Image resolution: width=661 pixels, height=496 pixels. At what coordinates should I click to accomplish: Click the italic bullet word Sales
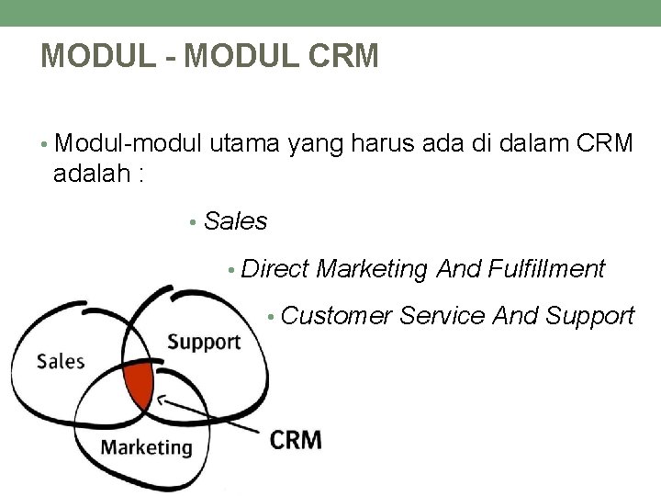pyautogui.click(x=236, y=221)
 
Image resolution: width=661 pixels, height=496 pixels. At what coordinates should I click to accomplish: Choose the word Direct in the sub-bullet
pyautogui.click(x=276, y=269)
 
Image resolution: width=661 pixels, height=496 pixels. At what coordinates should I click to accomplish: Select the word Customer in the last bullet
pyautogui.click(x=337, y=317)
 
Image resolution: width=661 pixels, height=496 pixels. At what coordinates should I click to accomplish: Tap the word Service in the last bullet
pyautogui.click(x=443, y=317)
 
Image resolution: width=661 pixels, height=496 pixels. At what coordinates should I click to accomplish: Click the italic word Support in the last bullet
pyautogui.click(x=589, y=317)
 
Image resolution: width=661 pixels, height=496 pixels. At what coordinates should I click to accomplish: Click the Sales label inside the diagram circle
pyautogui.click(x=61, y=360)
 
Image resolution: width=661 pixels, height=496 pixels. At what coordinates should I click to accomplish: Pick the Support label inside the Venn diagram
pyautogui.click(x=203, y=343)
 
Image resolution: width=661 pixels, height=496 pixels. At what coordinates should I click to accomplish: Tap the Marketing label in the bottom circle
pyautogui.click(x=147, y=447)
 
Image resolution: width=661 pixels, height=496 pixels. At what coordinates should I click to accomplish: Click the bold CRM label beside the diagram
pyautogui.click(x=296, y=439)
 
